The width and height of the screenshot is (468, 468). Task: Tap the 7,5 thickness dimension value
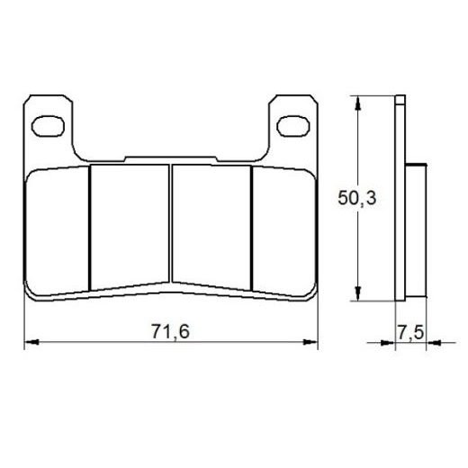409,333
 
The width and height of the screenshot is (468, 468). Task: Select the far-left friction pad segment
59,229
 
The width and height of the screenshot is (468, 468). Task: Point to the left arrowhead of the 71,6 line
29,342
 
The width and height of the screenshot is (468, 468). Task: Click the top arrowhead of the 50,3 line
359,101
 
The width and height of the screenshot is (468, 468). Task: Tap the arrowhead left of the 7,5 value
390,343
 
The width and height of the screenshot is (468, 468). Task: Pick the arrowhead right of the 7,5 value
431,343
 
